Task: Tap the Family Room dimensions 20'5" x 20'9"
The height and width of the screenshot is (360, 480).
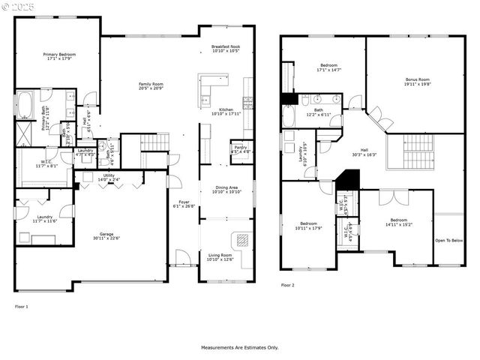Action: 151,88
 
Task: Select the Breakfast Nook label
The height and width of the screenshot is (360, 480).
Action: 225,46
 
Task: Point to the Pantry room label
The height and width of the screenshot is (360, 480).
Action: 239,147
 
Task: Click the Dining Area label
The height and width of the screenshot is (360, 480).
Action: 226,187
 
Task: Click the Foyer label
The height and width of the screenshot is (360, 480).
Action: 184,201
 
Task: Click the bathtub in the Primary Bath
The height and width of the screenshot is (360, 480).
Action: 25,106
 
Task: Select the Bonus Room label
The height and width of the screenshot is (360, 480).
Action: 417,79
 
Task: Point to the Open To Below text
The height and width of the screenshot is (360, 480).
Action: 448,241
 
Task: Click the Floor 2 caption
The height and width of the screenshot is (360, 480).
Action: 288,285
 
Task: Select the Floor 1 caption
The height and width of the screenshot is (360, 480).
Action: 22,306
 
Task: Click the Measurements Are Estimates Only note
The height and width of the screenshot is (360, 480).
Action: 238,347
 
